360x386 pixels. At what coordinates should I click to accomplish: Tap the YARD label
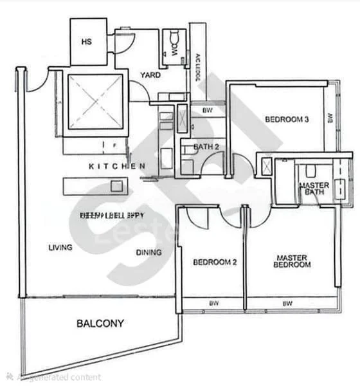click(150, 75)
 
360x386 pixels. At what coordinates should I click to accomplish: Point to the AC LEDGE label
click(198, 66)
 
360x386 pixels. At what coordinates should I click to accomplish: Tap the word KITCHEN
click(116, 166)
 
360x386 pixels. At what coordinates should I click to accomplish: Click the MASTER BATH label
click(314, 189)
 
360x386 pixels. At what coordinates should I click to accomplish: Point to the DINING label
click(148, 253)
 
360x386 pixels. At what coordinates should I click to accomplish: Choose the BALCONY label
click(100, 324)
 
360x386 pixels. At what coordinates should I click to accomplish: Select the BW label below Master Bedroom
click(287, 304)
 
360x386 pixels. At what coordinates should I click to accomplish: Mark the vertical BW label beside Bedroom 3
click(329, 118)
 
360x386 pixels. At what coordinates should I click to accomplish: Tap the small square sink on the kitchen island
click(116, 186)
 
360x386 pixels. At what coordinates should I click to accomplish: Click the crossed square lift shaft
click(94, 102)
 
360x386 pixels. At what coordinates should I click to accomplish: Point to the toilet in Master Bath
click(310, 170)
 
